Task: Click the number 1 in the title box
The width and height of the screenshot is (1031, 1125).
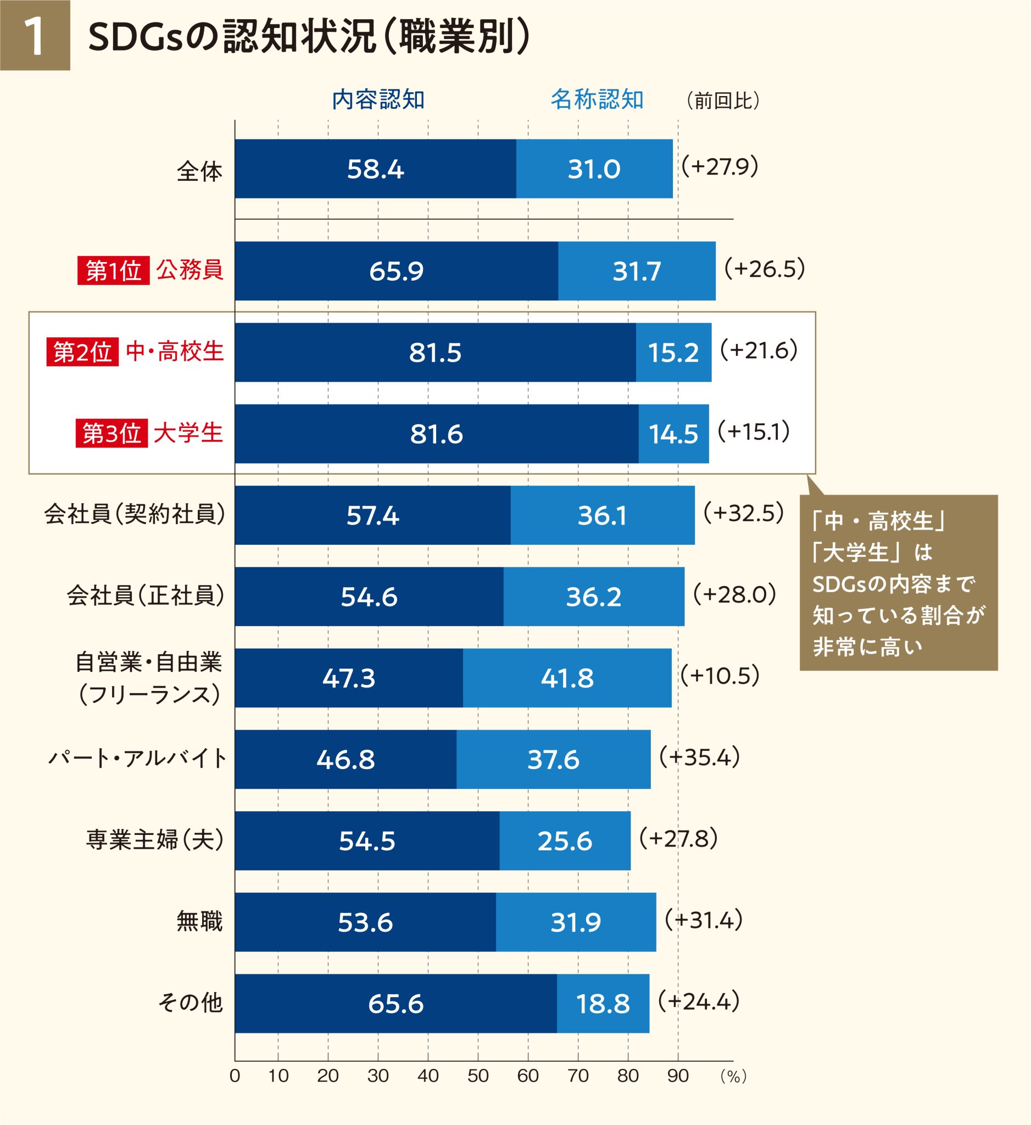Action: (35, 36)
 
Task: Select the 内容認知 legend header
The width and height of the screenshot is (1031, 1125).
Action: (378, 100)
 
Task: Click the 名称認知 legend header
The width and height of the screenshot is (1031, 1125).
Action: (597, 100)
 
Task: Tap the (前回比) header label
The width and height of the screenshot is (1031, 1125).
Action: (722, 101)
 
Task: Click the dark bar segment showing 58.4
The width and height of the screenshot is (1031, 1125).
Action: (375, 169)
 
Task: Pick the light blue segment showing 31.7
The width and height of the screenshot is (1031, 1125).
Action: (636, 271)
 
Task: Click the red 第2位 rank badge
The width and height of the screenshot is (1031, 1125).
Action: (82, 352)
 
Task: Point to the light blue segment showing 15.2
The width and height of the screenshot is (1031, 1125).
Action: (673, 353)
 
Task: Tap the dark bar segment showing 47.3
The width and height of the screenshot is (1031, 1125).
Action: (349, 678)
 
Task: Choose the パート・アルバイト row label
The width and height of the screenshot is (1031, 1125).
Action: (137, 759)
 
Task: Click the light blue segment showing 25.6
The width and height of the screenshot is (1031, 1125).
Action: (565, 841)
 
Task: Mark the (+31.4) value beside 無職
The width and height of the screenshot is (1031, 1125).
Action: (704, 920)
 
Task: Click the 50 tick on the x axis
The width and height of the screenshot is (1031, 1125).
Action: (477, 1076)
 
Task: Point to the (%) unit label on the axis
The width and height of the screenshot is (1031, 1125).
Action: (733, 1077)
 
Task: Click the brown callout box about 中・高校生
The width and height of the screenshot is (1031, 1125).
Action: (898, 582)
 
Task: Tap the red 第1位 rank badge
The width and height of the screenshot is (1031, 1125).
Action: (114, 271)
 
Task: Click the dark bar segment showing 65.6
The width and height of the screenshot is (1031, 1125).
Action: (395, 1004)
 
